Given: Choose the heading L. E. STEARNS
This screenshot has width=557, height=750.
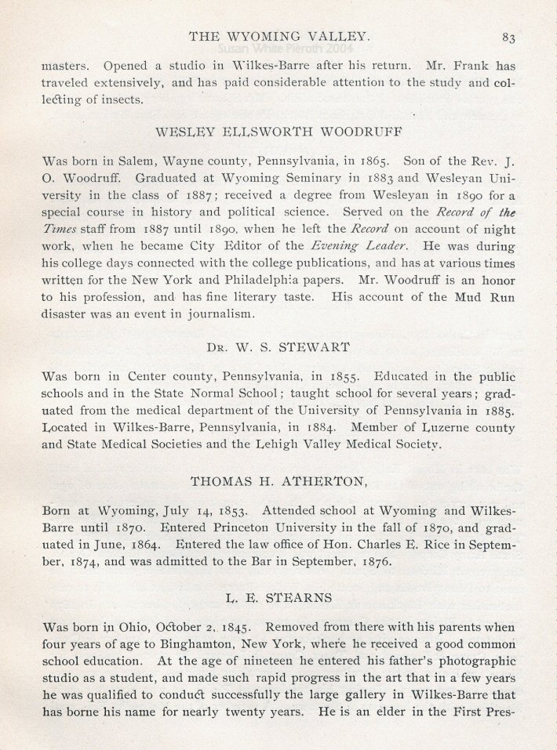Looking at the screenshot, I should click(278, 597).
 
